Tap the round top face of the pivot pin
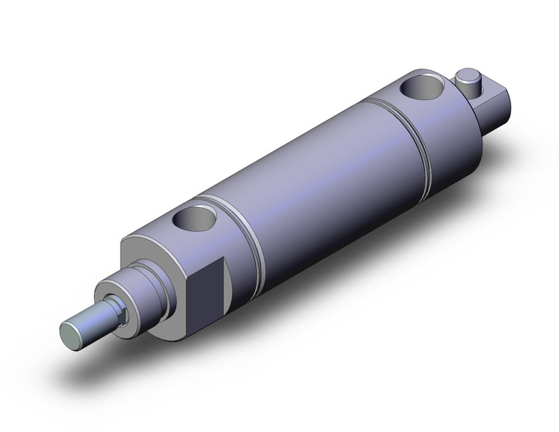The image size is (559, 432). (466, 74)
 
